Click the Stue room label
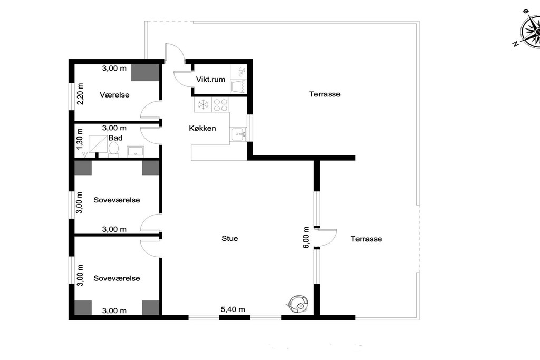[x=230, y=239]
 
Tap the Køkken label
[x=202, y=129]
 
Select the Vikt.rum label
[x=210, y=80]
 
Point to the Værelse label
[x=114, y=95]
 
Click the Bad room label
[x=115, y=138]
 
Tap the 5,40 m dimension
[x=233, y=309]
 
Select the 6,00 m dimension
[x=306, y=237]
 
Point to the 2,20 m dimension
[x=80, y=94]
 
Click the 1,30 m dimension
[x=80, y=139]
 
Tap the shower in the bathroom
[x=98, y=144]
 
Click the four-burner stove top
[x=220, y=105]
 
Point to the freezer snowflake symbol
[x=203, y=105]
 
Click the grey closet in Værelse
[x=146, y=73]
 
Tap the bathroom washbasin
[x=136, y=151]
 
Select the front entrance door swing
[x=175, y=53]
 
